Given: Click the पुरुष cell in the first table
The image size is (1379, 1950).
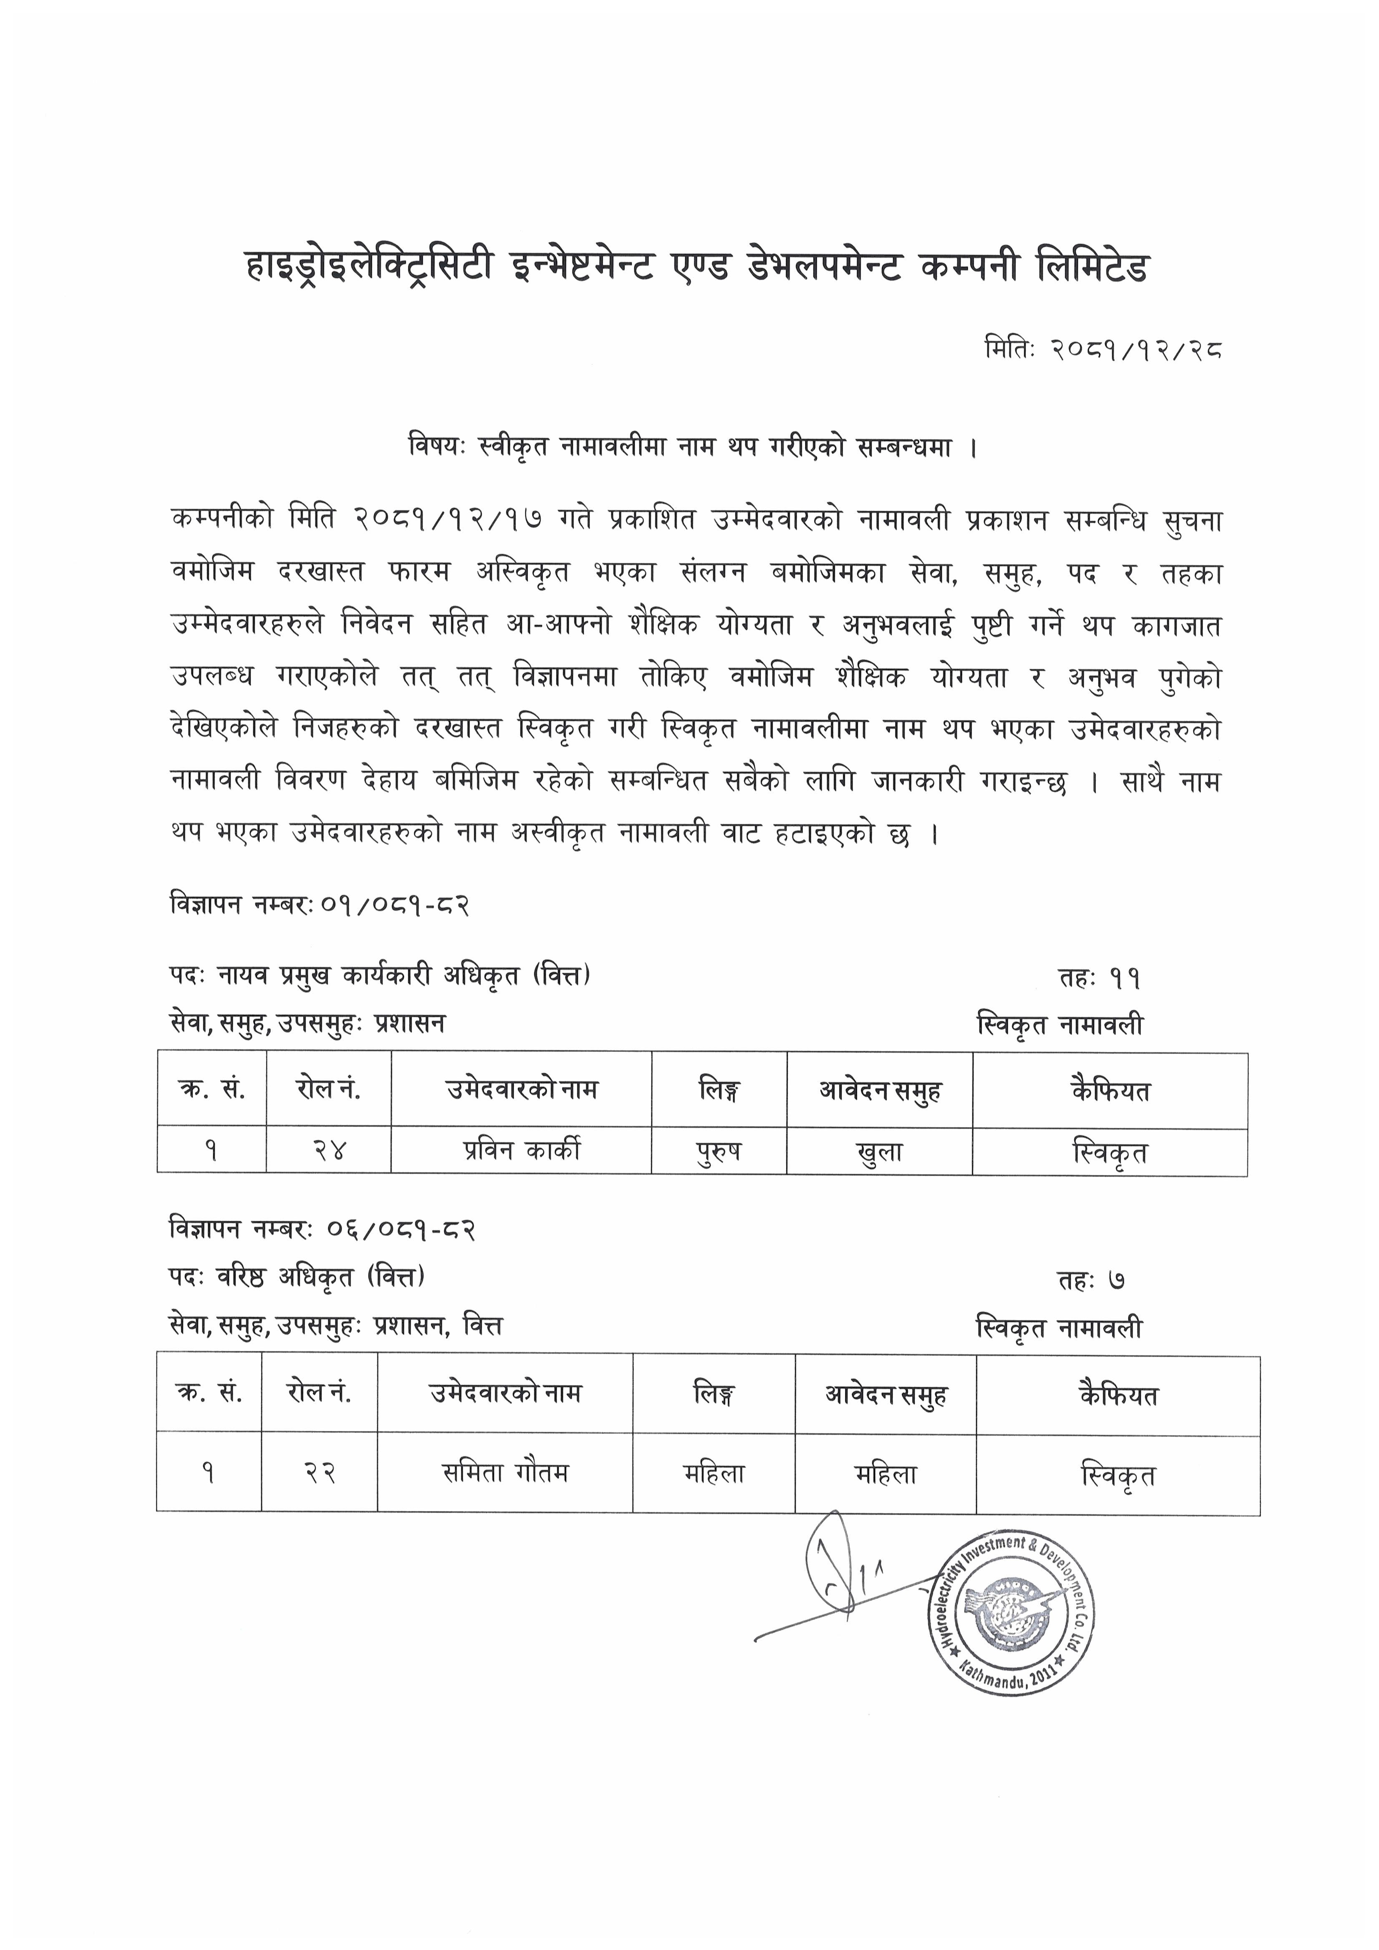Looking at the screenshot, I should point(719,1152).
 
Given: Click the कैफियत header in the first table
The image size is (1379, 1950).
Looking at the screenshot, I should point(1110,1091).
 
